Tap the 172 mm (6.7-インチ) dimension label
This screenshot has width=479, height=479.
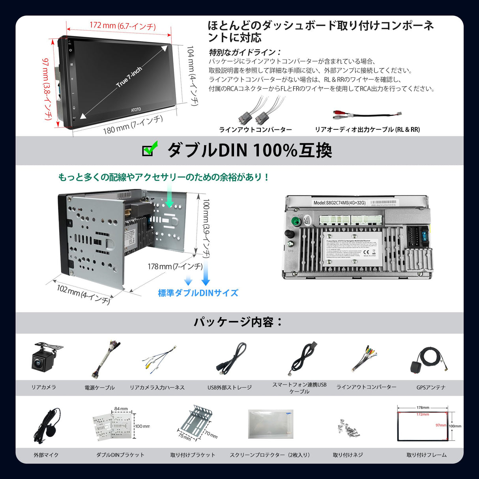click(x=123, y=26)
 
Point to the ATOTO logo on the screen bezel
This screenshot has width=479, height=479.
click(x=136, y=109)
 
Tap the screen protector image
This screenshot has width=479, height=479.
click(x=271, y=424)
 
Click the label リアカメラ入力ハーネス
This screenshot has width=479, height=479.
click(x=157, y=387)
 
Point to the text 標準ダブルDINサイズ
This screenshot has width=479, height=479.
click(x=198, y=293)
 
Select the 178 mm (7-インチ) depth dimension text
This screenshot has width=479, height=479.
click(x=175, y=267)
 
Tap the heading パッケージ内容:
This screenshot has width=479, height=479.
click(x=238, y=322)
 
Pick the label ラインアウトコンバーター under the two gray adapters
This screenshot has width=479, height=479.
click(x=255, y=130)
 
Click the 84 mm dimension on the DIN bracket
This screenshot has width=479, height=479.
click(x=121, y=409)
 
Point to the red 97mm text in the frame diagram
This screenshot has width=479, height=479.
click(x=441, y=425)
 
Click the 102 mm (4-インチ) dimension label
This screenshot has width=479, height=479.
click(x=83, y=294)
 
